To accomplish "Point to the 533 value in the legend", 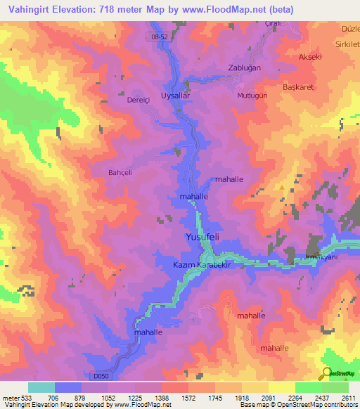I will pos(27,397).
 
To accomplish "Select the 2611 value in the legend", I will pos(349,397).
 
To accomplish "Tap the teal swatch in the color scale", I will pos(41,387).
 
